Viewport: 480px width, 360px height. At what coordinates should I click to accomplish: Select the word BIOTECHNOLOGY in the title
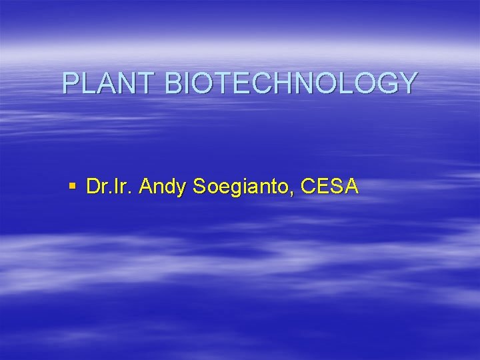290,83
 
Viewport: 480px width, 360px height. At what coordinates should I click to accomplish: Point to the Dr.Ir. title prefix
110,187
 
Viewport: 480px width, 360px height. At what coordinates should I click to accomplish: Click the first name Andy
164,188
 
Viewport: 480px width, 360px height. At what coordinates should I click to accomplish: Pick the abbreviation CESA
330,187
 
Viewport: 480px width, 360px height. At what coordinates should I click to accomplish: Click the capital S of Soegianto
199,187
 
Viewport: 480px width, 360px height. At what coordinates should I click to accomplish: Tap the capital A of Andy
147,187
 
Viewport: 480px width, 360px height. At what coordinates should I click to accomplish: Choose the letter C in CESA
308,187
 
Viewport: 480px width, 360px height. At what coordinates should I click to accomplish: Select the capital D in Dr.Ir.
93,187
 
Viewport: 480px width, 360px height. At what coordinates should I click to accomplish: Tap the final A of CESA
352,187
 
